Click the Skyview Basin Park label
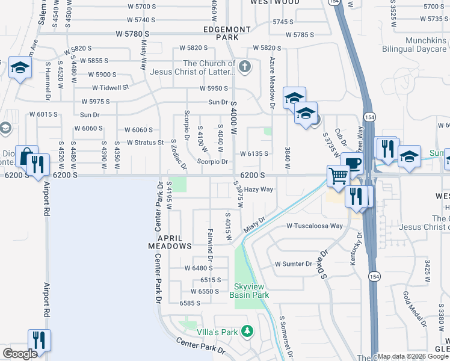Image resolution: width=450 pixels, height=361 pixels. coord(249,291)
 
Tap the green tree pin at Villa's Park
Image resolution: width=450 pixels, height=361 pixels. coord(246,331)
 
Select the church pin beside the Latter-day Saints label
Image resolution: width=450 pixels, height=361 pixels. coord(244,67)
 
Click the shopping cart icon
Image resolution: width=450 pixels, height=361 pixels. coord(338,175)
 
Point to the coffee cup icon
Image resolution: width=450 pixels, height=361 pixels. coord(353,162)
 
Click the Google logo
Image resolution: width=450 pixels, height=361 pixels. coord(20,354)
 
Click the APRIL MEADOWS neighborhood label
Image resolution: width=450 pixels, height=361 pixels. coord(170,242)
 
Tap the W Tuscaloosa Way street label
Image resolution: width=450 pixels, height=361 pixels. coord(315,226)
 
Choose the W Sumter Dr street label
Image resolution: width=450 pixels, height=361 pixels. coord(294,264)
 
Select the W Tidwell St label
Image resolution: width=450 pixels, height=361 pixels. coord(109,87)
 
